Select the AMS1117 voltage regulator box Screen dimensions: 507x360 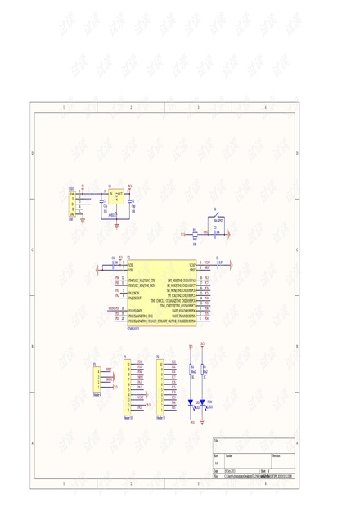[x=116, y=196]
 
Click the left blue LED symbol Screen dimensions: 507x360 [x=191, y=402]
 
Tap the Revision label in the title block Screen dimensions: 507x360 [x=277, y=456]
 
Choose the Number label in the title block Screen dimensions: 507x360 [x=229, y=456]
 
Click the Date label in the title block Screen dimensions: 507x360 [x=216, y=471]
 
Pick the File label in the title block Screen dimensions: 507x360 [x=216, y=476]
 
